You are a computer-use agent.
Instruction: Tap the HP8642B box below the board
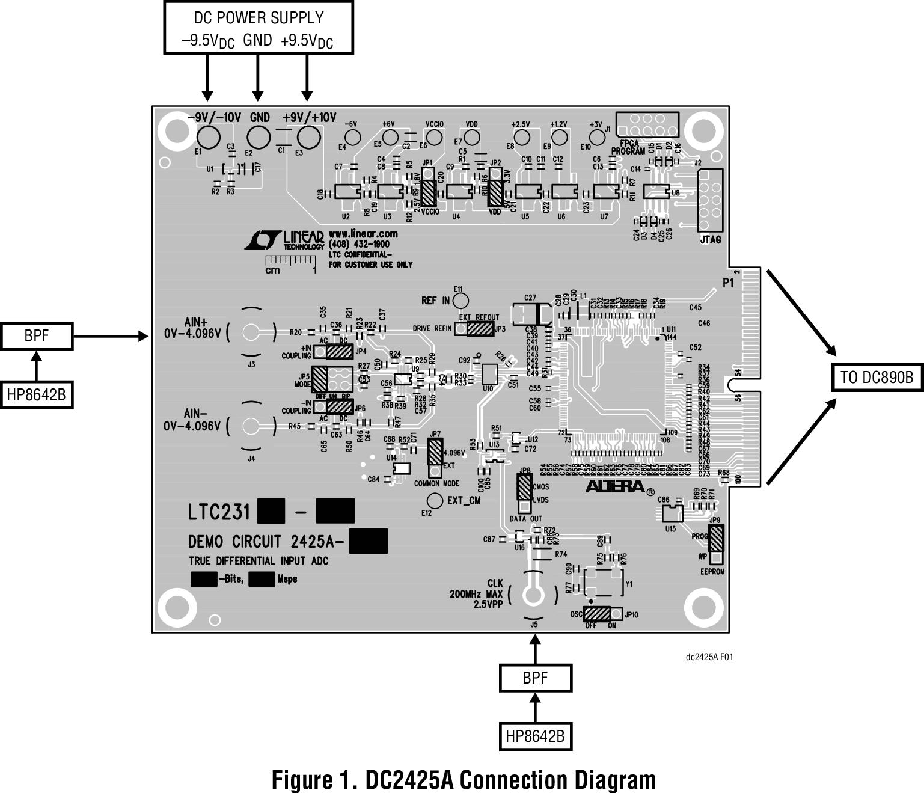pyautogui.click(x=535, y=736)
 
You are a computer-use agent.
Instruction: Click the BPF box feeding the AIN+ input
pyautogui.click(x=37, y=336)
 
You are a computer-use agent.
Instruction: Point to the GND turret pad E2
pyautogui.click(x=259, y=138)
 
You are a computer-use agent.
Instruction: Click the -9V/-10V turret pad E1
pyautogui.click(x=209, y=138)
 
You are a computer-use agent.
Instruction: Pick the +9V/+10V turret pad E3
pyautogui.click(x=309, y=138)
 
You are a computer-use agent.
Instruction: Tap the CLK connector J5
pyautogui.click(x=532, y=596)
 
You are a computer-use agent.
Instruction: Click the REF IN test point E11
pyautogui.click(x=461, y=300)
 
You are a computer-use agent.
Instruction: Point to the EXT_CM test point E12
pyautogui.click(x=434, y=500)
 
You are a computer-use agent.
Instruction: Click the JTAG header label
pyautogui.click(x=710, y=240)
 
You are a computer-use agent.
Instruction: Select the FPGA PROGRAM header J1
pyautogui.click(x=647, y=125)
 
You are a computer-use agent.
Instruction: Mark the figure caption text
pyautogui.click(x=464, y=780)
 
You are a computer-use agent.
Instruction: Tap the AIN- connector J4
pyautogui.click(x=251, y=426)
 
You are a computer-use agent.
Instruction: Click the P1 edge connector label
pyautogui.click(x=728, y=283)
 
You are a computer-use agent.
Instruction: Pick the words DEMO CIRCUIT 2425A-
pyautogui.click(x=265, y=542)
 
